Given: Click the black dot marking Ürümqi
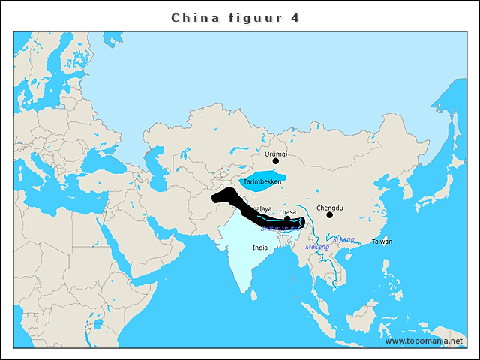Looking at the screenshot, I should (275, 160).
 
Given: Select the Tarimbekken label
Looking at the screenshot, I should (262, 182).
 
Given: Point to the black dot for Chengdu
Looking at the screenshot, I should (329, 215).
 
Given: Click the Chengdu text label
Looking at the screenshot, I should (329, 207).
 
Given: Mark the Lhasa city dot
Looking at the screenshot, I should (286, 219).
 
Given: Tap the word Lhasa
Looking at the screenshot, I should (287, 212).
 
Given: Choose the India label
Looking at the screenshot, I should (260, 247).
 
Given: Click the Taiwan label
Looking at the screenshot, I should (382, 241).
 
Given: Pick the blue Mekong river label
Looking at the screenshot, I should (317, 247).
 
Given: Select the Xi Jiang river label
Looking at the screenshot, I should (343, 239).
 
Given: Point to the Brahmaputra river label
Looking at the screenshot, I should (279, 227).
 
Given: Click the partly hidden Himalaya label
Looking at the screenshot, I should (261, 208).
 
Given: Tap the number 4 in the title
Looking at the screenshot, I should (295, 17).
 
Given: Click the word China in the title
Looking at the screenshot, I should (196, 17).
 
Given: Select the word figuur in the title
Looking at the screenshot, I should (251, 18).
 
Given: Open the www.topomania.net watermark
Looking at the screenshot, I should (424, 341).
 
